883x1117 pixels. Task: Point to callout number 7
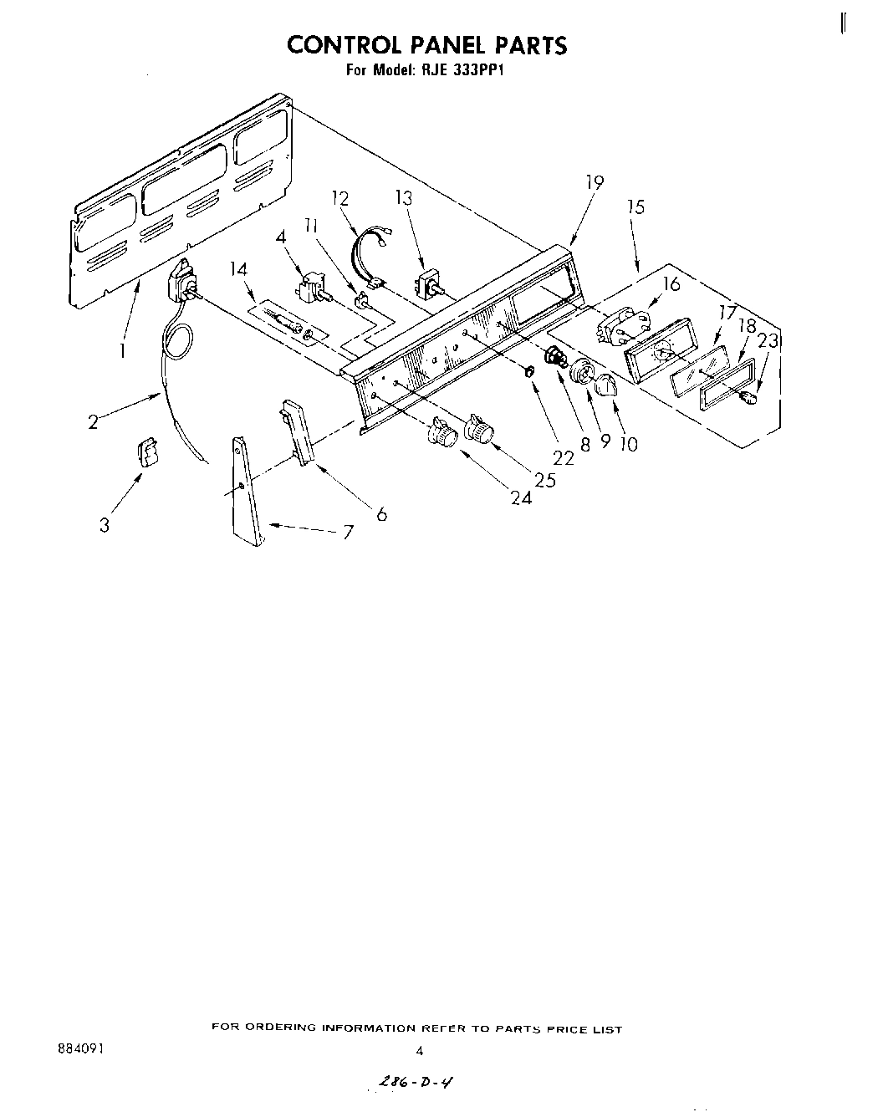348,532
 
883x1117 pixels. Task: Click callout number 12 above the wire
339,199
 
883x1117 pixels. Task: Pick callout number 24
522,499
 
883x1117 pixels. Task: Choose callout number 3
105,525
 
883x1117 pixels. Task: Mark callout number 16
671,284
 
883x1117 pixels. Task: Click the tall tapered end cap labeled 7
247,493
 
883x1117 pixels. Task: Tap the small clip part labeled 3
148,454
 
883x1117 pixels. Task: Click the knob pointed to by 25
481,429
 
